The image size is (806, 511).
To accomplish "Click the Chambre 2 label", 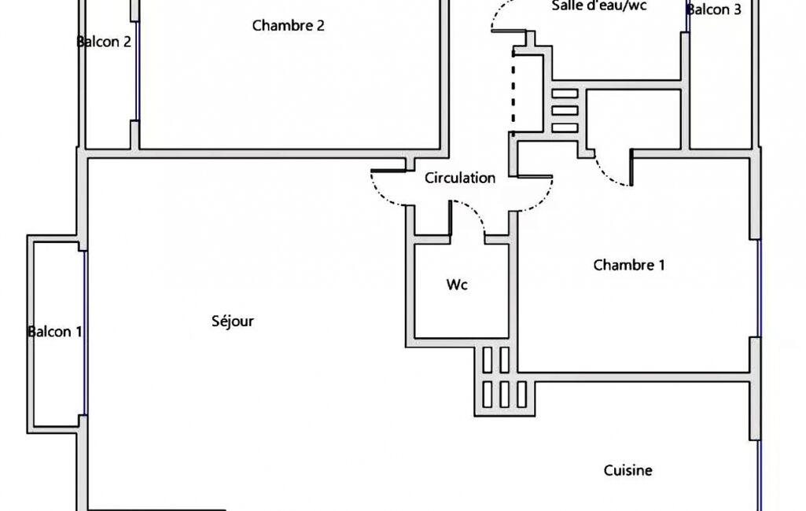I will coord(288,25).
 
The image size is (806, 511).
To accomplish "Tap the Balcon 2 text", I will coord(104,42).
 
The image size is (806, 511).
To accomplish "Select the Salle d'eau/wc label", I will coord(599,6).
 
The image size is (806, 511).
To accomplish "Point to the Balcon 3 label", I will coord(714,10).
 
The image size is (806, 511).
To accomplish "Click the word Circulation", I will coord(460,178).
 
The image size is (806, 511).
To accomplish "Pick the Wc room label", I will coord(457,285).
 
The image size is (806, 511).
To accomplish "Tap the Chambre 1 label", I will coord(628,265).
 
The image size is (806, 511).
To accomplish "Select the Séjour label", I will coord(233,321).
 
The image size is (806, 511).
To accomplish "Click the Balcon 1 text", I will coord(55,332).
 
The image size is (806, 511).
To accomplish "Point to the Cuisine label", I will coord(628,470).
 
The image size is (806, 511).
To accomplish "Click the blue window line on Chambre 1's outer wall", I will coord(760,288).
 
